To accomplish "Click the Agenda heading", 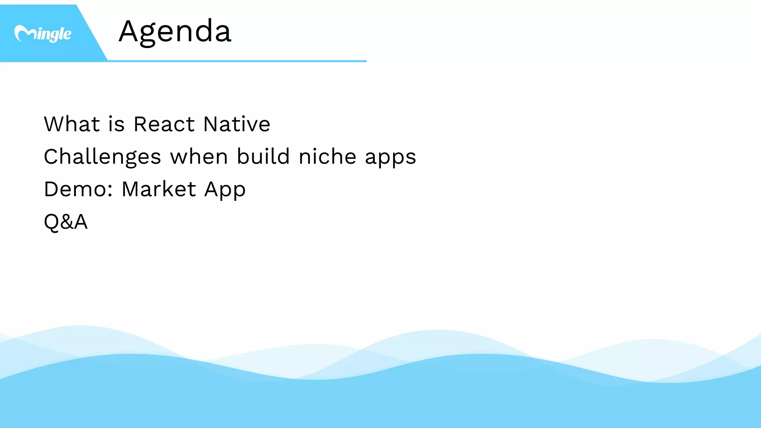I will pyautogui.click(x=175, y=32).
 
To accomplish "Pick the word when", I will pyautogui.click(x=199, y=157).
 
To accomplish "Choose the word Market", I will pyautogui.click(x=159, y=189).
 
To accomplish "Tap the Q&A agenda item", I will pyautogui.click(x=66, y=222).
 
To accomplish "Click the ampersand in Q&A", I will pyautogui.click(x=66, y=222).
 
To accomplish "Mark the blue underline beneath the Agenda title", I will pyautogui.click(x=238, y=61).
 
